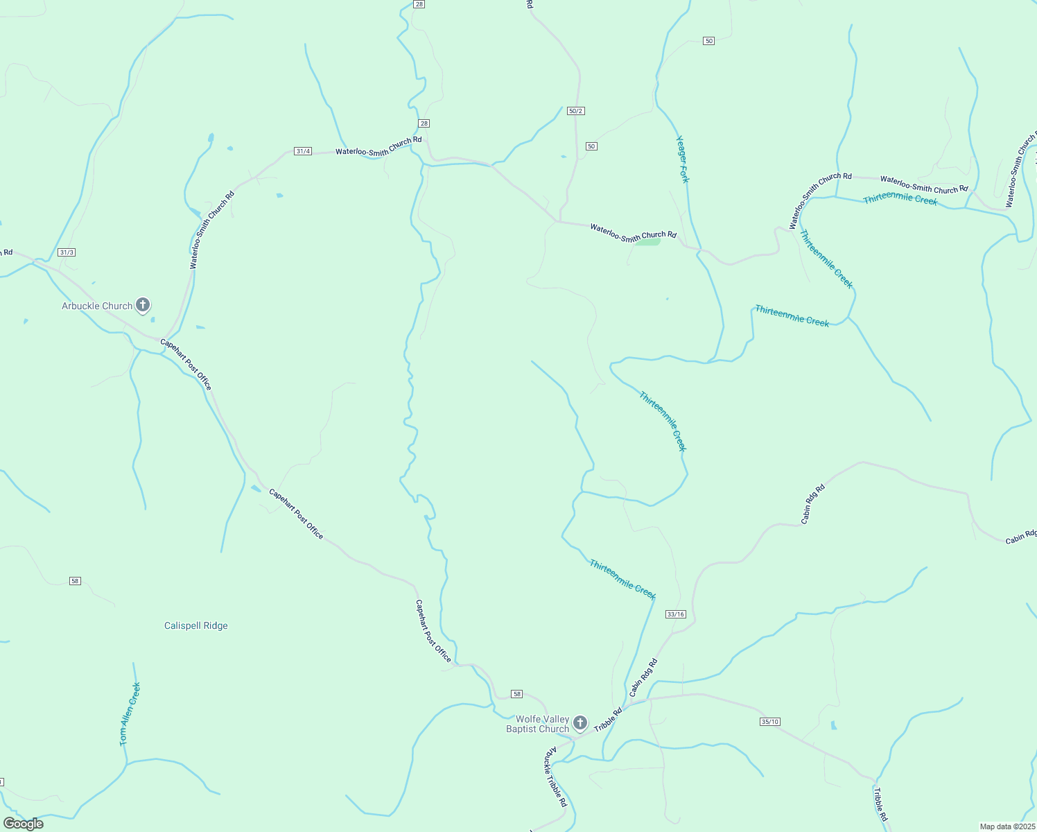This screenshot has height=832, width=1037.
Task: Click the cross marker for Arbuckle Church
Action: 143,305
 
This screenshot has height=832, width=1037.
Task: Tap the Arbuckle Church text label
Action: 97,306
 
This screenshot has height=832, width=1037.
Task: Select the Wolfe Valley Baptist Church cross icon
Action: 581,723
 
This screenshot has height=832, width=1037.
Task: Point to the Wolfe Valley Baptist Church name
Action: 538,724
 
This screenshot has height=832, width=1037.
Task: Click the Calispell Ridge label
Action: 196,625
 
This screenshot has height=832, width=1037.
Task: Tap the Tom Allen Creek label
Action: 130,714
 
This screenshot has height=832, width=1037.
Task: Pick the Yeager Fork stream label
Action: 683,159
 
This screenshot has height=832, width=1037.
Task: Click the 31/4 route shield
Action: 302,151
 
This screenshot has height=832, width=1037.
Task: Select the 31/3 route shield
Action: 67,252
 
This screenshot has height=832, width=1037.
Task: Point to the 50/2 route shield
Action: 576,111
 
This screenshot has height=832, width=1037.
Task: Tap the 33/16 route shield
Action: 675,614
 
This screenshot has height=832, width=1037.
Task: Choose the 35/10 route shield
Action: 769,722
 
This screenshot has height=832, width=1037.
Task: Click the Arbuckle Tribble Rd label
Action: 556,777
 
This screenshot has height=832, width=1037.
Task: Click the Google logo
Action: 24,824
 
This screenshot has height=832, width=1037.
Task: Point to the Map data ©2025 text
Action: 1007,826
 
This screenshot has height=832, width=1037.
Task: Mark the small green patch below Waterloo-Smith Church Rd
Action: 648,242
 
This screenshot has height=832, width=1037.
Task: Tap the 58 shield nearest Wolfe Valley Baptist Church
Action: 516,694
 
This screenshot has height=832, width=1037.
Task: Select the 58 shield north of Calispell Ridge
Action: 75,581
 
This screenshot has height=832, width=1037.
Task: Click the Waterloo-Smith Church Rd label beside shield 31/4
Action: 378,146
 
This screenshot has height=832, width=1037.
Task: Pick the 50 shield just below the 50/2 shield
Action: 591,146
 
